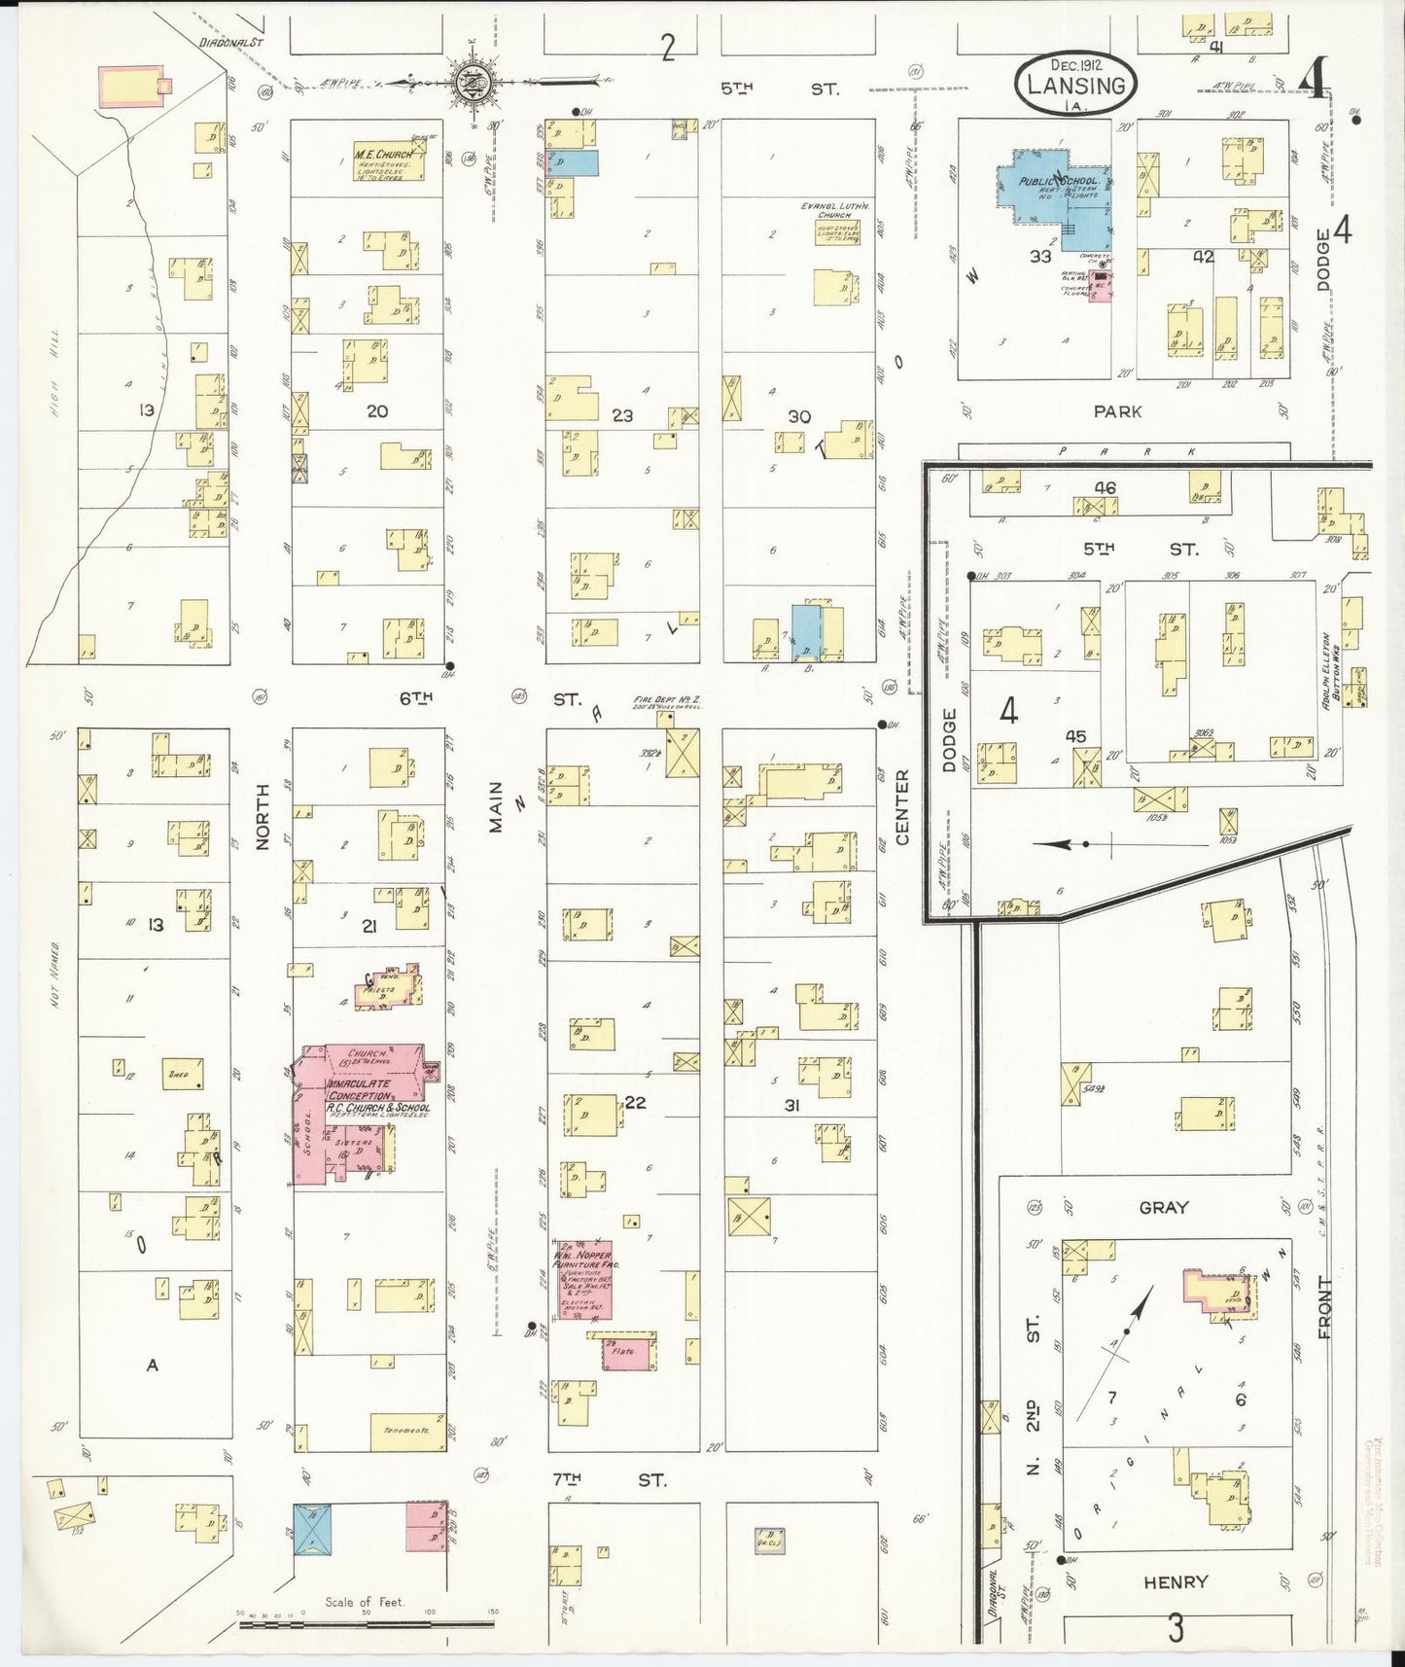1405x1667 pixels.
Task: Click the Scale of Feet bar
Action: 368,1624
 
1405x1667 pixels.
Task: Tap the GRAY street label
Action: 1163,1207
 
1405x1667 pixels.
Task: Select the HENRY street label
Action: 1177,1581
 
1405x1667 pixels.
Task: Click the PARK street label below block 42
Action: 1117,411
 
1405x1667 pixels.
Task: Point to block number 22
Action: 634,1102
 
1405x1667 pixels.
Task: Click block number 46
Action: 1105,487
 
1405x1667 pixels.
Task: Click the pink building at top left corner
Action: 134,87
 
